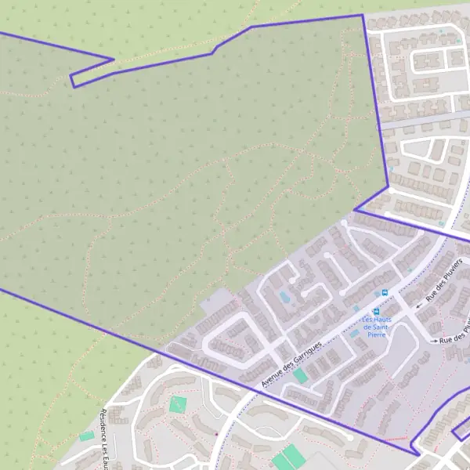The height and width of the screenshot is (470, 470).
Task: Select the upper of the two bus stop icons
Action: tap(385, 293)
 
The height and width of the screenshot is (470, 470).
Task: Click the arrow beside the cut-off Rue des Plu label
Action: tap(435, 341)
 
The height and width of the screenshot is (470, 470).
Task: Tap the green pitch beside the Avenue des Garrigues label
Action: tap(300, 376)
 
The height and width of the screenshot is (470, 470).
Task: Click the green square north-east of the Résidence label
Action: tap(179, 405)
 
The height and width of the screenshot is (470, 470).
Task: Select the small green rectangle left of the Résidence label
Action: tap(86, 436)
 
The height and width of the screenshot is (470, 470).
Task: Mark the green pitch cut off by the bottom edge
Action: tap(287, 458)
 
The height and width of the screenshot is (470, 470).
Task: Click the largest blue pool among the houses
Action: tap(284, 297)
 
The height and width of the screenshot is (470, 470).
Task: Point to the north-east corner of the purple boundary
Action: tap(363, 15)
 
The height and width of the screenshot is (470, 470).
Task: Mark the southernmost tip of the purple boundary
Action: tap(416, 454)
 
